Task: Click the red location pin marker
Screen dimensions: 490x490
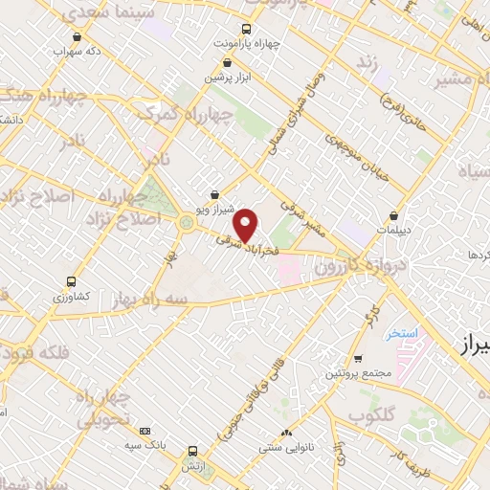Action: (x=247, y=225)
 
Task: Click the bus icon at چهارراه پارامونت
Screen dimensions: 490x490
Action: (x=247, y=29)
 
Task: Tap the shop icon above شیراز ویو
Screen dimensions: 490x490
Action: (x=213, y=191)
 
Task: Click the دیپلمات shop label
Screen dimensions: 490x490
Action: (x=393, y=230)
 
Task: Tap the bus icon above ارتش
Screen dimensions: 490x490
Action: (x=192, y=450)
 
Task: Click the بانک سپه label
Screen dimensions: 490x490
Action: (x=145, y=446)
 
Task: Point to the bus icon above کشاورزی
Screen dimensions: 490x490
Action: (x=70, y=282)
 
